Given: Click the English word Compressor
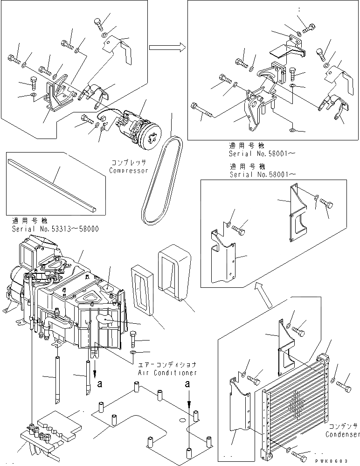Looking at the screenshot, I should (128, 171).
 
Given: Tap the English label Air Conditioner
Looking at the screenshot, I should (167, 373).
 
